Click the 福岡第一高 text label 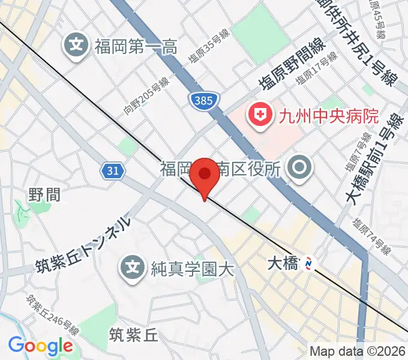tap(135, 45)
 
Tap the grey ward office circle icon tap(299, 169)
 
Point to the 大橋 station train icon tap(309, 262)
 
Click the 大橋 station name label tap(282, 263)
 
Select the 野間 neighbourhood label tap(44, 193)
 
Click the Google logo tap(40, 346)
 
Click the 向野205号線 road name tap(147, 96)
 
